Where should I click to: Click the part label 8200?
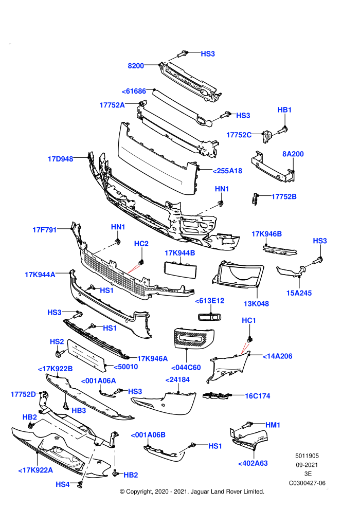pos(136,66)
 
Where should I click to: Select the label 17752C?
pos(239,135)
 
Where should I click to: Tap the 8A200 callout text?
pos(293,154)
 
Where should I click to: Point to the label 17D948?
pos(60,159)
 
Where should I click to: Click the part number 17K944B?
pos(180,253)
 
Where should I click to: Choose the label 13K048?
pos(256,303)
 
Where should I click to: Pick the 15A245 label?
pos(299,293)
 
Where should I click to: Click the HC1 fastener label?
pos(249,320)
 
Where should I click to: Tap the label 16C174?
pos(258,396)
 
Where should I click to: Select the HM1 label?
pos(273,425)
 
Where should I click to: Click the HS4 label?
pos(63,484)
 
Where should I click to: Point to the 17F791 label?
pos(44,230)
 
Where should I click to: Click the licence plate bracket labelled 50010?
pos(87,355)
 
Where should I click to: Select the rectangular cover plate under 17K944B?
pos(180,270)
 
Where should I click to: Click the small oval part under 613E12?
pos(209,317)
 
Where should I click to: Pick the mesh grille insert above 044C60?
pos(194,338)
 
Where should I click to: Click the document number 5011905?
pos(307,456)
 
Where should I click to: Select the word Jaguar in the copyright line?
pos(200,492)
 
